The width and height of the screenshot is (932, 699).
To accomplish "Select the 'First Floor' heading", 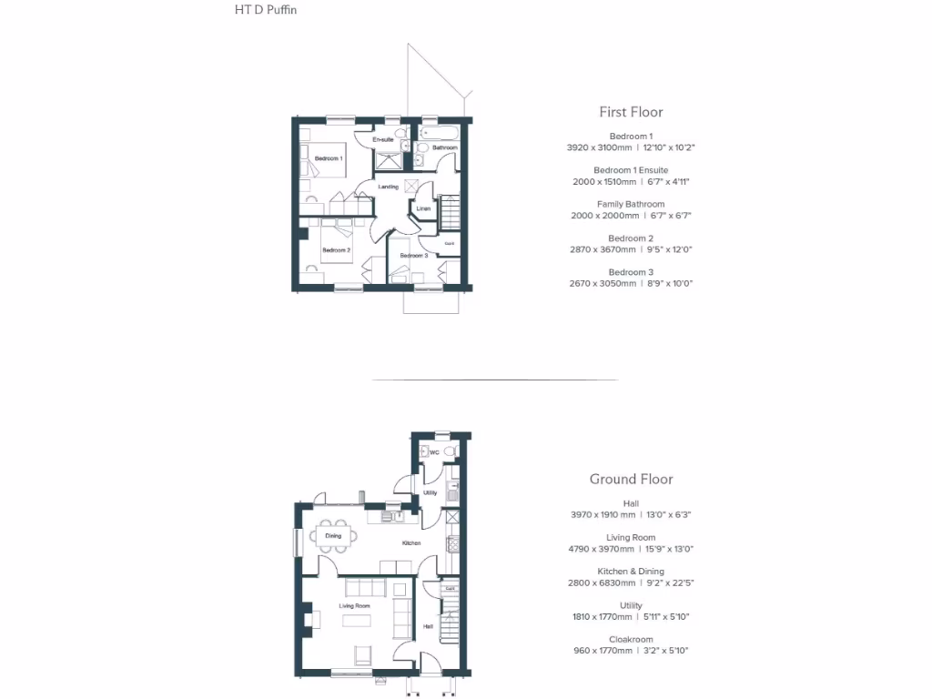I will pos(631,112).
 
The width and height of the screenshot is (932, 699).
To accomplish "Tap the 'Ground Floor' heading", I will pos(631,479).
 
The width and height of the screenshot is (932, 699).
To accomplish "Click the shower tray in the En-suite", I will pos(390,160).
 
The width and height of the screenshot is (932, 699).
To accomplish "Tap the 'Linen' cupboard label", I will pos(422,209).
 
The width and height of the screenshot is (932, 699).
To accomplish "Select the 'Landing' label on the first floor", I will pos(389,187).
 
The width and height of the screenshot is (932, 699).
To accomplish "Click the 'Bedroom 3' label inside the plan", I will pos(413,256).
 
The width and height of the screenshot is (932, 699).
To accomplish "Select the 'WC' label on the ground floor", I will pos(434,452).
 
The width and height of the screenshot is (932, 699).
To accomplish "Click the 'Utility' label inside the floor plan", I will pos(430,493).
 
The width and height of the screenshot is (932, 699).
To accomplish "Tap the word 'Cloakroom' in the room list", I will pos(631,639).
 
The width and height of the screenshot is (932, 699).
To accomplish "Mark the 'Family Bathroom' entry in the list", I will pos(631,204).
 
